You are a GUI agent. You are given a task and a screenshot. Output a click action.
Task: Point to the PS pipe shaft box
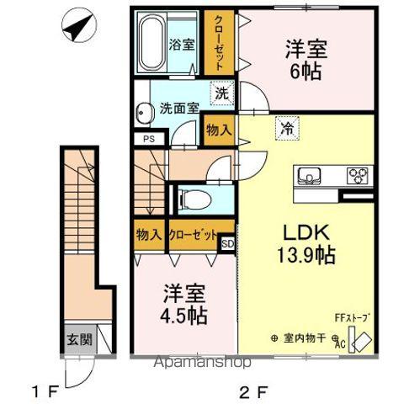[148, 139]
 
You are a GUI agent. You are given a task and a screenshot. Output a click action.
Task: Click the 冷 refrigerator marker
[286, 129]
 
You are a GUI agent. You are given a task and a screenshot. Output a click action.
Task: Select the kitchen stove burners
[358, 176]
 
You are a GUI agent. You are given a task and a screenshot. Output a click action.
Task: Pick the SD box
[227, 244]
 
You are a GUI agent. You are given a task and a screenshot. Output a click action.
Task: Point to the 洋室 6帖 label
[305, 61]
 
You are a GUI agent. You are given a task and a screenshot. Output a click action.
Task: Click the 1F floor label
[44, 391]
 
